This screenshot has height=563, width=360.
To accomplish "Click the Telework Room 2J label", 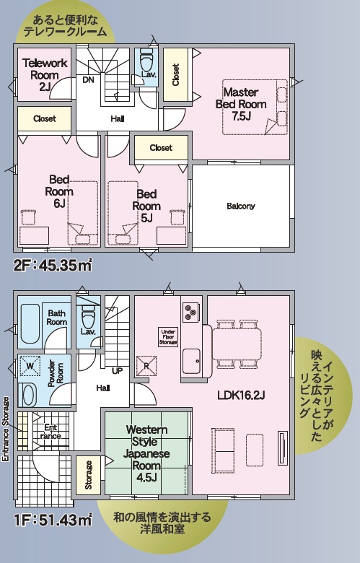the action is pos(45,74).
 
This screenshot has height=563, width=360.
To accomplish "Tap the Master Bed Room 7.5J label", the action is pos(241,104).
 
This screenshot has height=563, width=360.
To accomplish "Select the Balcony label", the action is pos(241,206).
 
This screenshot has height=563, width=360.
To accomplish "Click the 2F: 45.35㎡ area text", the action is pos(53,266).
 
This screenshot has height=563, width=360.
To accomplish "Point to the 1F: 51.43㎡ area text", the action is pos(53,520).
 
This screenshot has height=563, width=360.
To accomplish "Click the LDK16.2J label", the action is pos(241,396).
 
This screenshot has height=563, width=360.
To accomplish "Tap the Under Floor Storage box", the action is pos(168,337).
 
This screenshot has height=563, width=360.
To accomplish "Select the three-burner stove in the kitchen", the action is pos(190,311).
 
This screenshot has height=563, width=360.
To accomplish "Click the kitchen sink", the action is pos(192,360).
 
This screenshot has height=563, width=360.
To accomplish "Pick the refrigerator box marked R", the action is pos(146,366).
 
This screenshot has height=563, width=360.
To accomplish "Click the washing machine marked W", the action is pos(30,366).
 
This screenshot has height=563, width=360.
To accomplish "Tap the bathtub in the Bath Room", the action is pos(30,324).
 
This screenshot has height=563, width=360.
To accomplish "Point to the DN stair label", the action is pos(88,79).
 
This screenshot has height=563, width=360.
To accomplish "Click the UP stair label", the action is pos(118,371).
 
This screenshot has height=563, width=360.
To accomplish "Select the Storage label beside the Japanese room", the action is pos(88,475).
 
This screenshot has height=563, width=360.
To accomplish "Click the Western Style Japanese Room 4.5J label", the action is pos(146,453).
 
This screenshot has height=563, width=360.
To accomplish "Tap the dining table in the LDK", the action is pos(237,344).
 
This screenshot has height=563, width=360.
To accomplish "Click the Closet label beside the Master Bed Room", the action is pos(175,74).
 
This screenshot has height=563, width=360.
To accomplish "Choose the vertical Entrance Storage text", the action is pos(6,429).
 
